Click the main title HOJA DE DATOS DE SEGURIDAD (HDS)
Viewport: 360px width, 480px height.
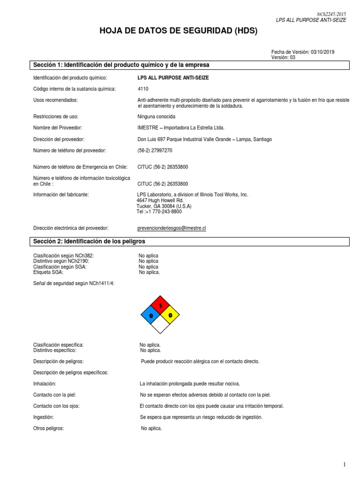click(x=179, y=31)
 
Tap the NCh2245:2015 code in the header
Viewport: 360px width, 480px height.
click(x=331, y=15)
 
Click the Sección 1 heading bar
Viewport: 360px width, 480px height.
click(x=189, y=65)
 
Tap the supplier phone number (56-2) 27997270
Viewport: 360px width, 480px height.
click(x=155, y=150)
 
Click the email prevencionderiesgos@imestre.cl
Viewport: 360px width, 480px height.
click(x=172, y=228)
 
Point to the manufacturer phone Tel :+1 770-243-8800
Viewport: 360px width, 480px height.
click(x=159, y=211)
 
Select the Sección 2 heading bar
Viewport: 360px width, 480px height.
click(x=189, y=241)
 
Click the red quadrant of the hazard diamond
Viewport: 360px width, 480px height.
click(x=160, y=306)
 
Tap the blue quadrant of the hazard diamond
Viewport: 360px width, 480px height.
click(x=151, y=316)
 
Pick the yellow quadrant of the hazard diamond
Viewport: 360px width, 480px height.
click(x=170, y=315)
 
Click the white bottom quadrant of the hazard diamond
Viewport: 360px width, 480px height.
click(x=160, y=325)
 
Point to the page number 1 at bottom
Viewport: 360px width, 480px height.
click(x=344, y=465)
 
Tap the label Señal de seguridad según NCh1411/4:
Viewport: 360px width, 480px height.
click(x=74, y=284)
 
